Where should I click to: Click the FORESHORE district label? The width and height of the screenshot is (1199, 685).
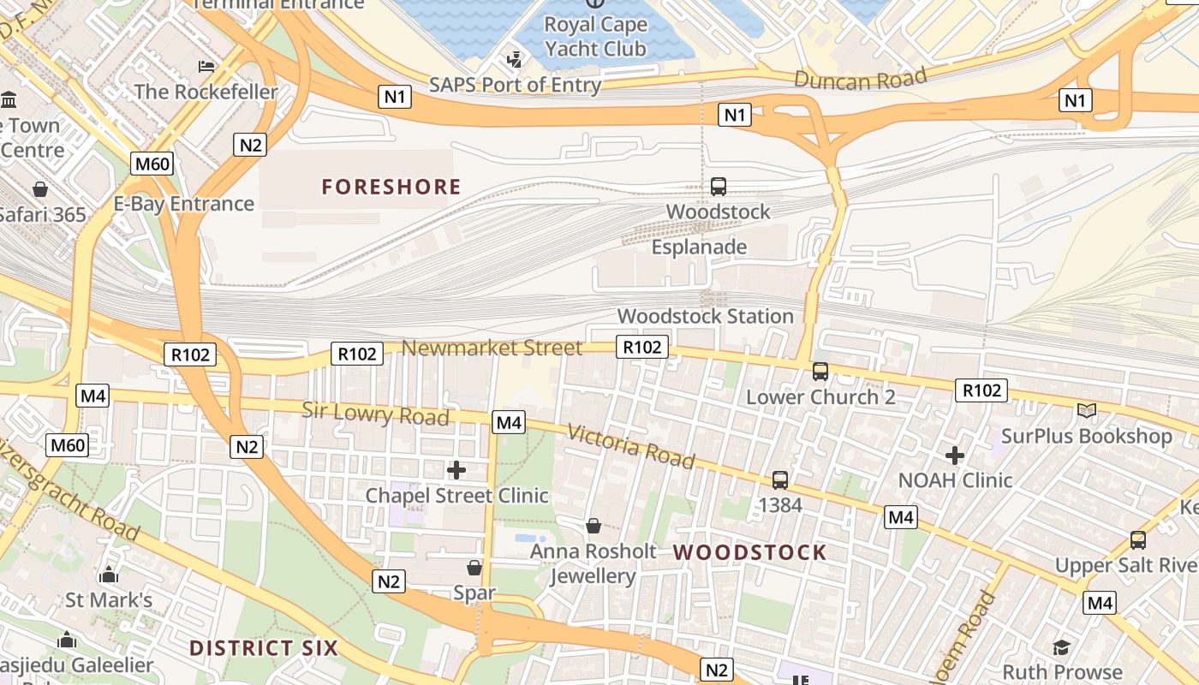coord(391,187)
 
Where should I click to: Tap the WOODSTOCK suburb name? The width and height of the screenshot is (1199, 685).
coord(750,552)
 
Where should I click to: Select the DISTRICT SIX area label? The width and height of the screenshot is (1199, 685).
coord(264,647)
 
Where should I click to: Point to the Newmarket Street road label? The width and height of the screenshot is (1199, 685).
coord(492,348)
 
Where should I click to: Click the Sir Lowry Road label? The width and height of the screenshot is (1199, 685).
coord(375,413)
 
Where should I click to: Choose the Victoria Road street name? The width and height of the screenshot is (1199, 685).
coord(630,446)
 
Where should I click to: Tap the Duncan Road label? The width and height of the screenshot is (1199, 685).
coord(861,80)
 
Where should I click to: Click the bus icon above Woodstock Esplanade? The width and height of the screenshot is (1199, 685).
coord(719,186)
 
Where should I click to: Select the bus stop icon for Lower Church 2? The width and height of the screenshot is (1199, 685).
coord(820,372)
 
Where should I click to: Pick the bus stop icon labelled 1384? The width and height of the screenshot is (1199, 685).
coord(780,479)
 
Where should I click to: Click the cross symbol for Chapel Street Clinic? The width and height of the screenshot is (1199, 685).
coord(456,469)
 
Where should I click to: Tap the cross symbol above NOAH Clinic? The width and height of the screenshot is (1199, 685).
coord(955,456)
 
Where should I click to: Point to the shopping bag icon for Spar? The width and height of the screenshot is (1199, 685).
coord(474,568)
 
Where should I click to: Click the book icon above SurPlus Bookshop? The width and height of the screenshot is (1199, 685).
coord(1087,411)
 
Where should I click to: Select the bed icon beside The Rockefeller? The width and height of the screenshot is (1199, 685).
coord(206,66)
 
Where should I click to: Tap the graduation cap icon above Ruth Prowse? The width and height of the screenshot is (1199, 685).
coord(1062,646)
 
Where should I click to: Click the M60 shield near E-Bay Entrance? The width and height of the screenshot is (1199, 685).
coord(152,163)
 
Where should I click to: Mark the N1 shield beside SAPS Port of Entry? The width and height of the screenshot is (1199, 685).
coord(394,97)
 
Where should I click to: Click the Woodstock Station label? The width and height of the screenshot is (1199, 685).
coord(705,316)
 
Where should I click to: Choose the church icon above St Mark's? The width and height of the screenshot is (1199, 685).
coord(109,574)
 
